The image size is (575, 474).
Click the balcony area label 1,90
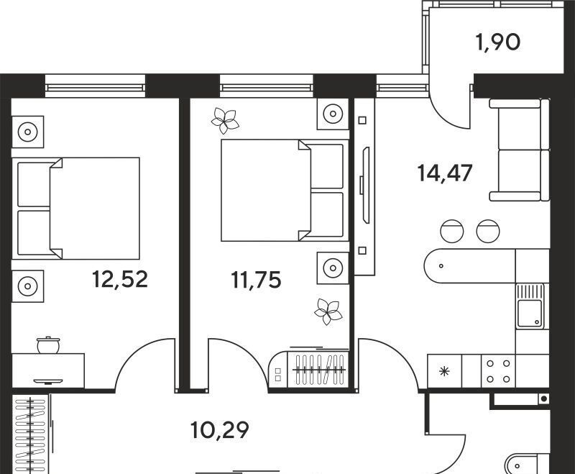coord(497,42)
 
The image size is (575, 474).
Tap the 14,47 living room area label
coord(444,173)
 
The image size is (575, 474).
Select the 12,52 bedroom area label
coord(119,279)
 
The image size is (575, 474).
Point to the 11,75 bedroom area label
coord(256,280)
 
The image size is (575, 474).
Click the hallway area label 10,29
coord(220,430)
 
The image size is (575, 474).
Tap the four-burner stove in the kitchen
coord(498,371)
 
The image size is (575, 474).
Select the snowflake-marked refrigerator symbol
coord(444,371)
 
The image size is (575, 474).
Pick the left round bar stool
coord(452,231)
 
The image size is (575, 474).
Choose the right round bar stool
coord(488,231)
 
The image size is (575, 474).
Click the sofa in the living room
coord(519,150)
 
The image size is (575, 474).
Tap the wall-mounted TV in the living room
coord(365,185)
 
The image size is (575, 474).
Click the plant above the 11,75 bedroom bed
coord(225,120)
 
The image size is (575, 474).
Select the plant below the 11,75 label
coord(328,311)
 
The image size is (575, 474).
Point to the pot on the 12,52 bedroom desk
coord(48,345)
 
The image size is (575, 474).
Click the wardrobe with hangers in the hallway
coord(31,434)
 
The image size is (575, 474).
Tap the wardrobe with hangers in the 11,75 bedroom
coord(308,369)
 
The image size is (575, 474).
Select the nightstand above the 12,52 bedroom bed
coord(27,132)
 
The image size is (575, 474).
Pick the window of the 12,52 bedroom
coord(95,86)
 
